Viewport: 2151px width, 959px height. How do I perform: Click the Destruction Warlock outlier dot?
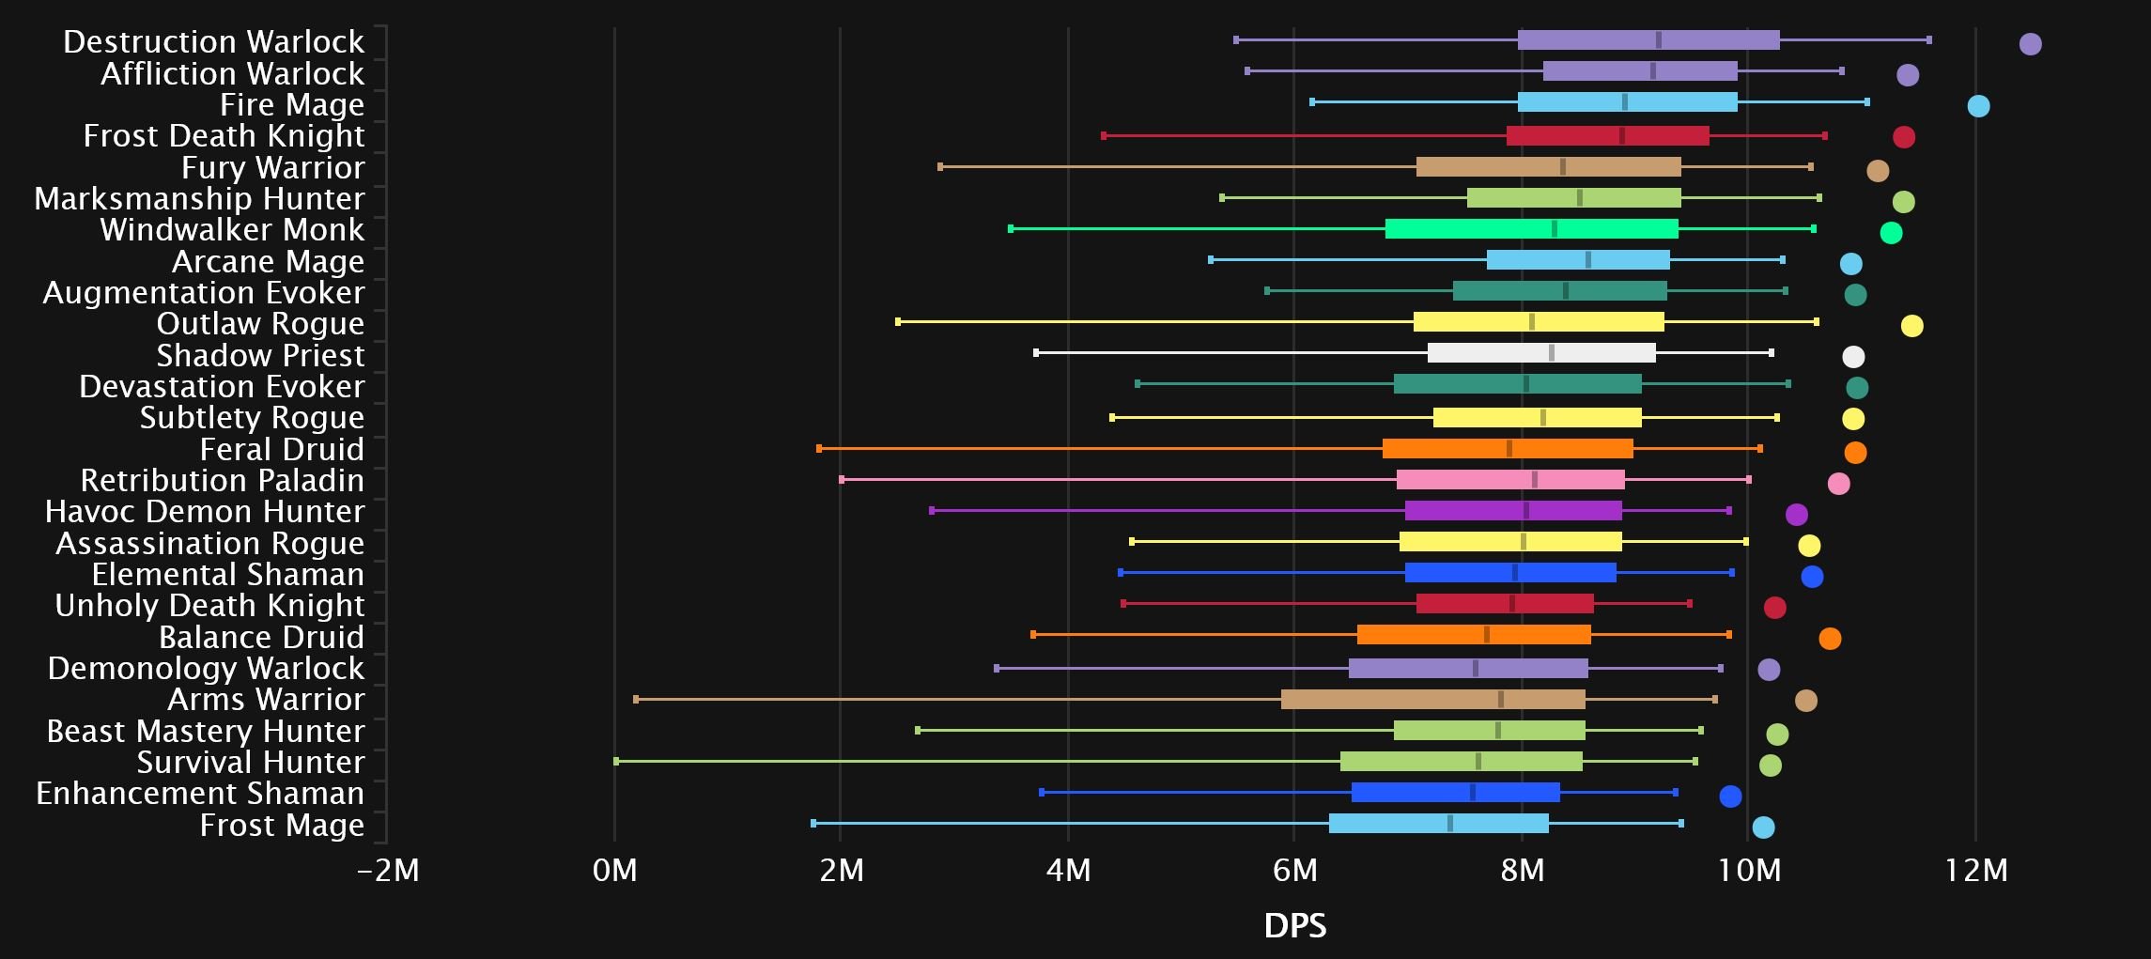click(2030, 44)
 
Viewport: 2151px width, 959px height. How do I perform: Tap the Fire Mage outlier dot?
click(1978, 106)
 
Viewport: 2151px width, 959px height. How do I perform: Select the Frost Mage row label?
click(282, 825)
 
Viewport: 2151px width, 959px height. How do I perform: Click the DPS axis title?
click(1295, 926)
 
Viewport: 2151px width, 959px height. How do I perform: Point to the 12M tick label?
click(1976, 871)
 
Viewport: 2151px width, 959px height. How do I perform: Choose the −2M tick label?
click(388, 871)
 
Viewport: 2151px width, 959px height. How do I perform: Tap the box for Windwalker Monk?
click(1531, 228)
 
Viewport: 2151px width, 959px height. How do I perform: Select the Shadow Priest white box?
click(1541, 353)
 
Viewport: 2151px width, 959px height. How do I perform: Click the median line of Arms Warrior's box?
click(1501, 699)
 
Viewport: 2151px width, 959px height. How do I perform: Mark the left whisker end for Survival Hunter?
click(616, 761)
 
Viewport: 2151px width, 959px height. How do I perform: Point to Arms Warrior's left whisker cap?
click(636, 699)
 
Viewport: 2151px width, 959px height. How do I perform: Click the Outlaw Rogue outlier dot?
click(1911, 326)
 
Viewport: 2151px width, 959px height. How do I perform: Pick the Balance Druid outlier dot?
click(1829, 639)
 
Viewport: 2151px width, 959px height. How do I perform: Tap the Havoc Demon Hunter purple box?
click(1513, 510)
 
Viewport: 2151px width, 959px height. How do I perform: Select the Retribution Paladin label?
click(222, 480)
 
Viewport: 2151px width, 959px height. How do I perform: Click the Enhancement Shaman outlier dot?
click(1730, 797)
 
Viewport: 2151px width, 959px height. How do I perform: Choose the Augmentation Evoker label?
click(203, 292)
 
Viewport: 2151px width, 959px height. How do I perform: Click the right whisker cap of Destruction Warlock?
click(1929, 39)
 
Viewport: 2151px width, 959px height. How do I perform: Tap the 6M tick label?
click(1295, 871)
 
